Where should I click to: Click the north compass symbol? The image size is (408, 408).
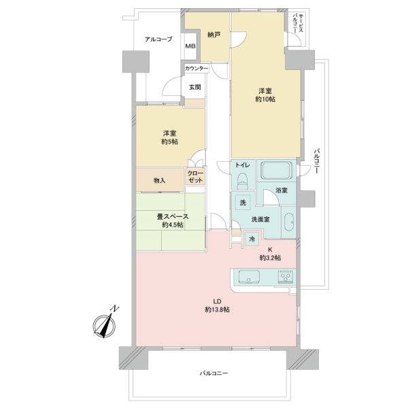(105, 324)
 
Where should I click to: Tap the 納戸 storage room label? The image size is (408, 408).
(214, 35)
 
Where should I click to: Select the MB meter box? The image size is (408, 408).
(191, 47)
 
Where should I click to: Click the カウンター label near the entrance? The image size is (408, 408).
(196, 69)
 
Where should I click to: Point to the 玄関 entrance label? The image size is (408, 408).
(195, 87)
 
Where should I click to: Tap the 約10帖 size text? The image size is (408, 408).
(266, 100)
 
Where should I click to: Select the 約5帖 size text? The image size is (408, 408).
(170, 142)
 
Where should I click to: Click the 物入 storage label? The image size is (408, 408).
(160, 180)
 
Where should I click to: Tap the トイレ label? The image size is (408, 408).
(243, 166)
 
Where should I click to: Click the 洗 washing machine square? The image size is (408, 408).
(242, 202)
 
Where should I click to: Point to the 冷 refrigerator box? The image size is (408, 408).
(252, 239)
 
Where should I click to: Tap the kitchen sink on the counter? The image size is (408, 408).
(248, 277)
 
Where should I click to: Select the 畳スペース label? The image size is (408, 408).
(163, 217)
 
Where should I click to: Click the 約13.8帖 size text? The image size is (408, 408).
(217, 310)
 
